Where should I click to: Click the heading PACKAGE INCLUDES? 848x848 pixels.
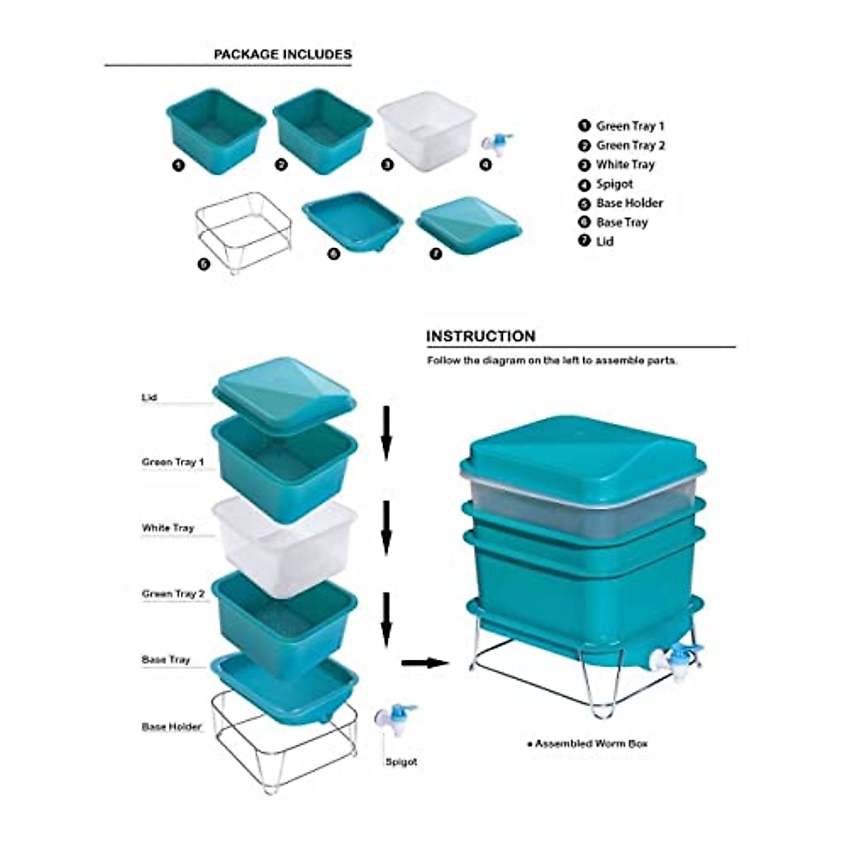point(283,54)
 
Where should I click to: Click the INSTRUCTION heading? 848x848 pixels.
point(481,336)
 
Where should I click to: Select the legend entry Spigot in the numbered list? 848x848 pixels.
point(614,184)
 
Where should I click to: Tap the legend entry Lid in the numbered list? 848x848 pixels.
point(604,241)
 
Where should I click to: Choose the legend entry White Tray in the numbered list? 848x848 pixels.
point(625,165)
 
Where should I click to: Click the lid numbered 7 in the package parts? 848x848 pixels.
point(469,224)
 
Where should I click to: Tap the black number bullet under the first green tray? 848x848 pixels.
point(178,165)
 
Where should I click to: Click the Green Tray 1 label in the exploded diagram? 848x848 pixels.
point(173,462)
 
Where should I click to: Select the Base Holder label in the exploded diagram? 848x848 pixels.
point(172,726)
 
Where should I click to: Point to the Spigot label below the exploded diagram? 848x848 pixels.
point(401,762)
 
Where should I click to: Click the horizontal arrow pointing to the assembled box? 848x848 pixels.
point(425,662)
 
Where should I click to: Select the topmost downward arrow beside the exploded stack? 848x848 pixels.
point(386,432)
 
